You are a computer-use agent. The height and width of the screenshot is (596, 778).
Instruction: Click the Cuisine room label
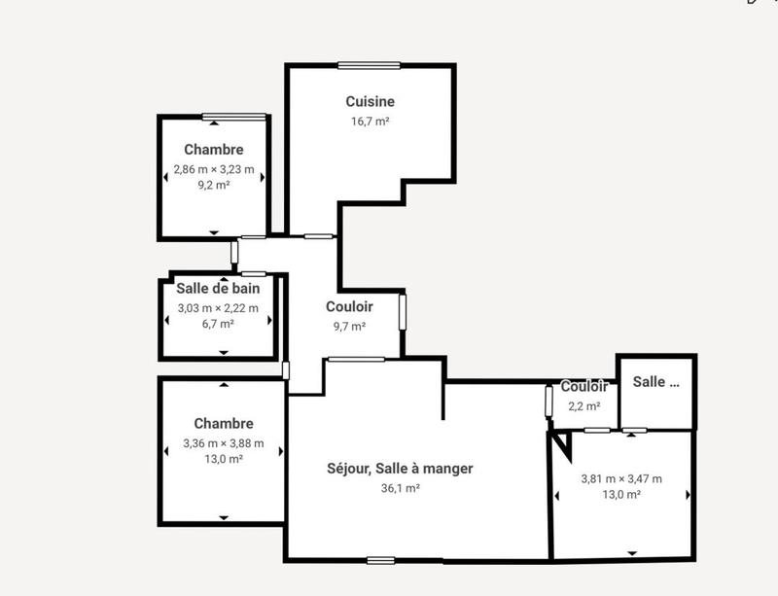pos(370,101)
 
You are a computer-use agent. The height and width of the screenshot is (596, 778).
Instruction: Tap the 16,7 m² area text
pos(370,122)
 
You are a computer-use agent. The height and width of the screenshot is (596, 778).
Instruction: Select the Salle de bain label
pos(218,288)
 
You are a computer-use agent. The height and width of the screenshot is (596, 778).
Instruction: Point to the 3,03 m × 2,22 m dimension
pos(218,308)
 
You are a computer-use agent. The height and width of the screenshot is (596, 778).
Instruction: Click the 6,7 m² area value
pos(218,324)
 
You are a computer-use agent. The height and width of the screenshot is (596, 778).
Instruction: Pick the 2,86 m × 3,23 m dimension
pos(214,169)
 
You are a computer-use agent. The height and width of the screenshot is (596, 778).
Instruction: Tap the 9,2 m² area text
pos(214,185)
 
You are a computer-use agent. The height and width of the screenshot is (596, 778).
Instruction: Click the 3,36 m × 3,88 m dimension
pos(224,444)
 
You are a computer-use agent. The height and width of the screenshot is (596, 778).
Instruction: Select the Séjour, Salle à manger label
pos(400,469)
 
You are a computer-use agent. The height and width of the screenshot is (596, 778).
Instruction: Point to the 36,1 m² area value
pos(400,489)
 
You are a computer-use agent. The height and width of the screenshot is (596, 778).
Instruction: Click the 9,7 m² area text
pos(349,327)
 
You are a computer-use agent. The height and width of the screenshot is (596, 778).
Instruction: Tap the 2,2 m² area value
pos(584,406)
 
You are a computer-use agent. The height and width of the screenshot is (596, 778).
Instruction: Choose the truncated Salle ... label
pos(655,382)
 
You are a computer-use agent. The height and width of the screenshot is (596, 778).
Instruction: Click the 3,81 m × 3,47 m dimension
pos(621,478)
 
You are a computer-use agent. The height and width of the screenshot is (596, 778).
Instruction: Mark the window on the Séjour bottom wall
pos(381,560)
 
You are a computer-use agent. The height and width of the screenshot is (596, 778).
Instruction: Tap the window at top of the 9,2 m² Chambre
pos(233,117)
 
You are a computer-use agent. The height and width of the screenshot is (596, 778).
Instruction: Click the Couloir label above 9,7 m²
pos(349,306)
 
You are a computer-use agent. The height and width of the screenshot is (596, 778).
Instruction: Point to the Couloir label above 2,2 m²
pos(584,387)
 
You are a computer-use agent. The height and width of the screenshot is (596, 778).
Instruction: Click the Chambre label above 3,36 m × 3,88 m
pos(224,424)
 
